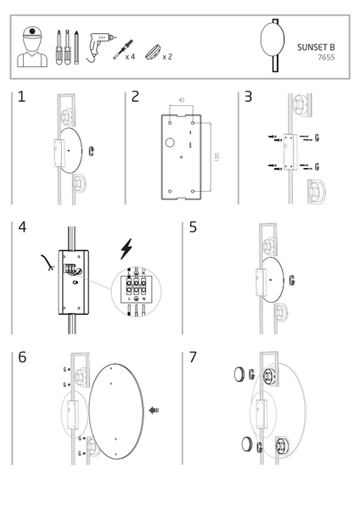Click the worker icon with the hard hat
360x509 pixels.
32,47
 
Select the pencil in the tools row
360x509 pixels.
76,48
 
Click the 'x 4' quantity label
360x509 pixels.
130,57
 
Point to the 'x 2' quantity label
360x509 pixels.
167,57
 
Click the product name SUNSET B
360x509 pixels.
316,48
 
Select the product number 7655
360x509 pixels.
326,58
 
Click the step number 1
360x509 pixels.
21,97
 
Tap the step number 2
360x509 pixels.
135,97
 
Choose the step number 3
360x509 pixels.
248,97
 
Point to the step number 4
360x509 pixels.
22,227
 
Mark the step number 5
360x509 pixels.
193,227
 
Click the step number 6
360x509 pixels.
22,357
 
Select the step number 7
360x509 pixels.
193,357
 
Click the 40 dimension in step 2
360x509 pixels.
182,99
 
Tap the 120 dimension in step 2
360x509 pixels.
217,156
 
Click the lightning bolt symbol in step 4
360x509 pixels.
127,249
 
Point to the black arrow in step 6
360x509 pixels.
154,411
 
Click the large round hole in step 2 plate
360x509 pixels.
170,143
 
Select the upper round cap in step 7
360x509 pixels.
239,374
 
